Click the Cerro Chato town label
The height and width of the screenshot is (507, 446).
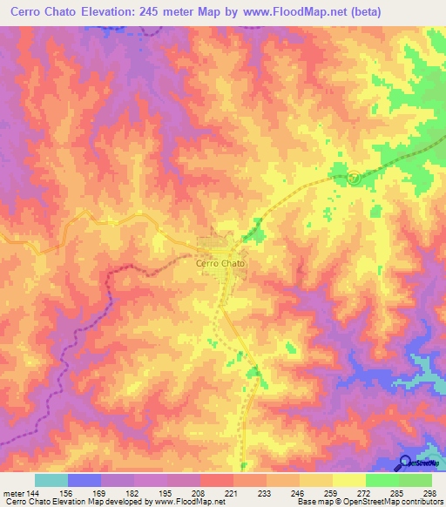pos(220,262)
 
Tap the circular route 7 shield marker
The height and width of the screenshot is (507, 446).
pos(354,177)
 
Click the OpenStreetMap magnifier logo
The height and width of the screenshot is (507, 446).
pos(405,462)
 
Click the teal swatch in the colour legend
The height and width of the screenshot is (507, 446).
pos(51,480)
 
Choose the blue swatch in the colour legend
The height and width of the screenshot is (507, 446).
pos(84,480)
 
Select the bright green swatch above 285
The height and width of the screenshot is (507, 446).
pos(382,480)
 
